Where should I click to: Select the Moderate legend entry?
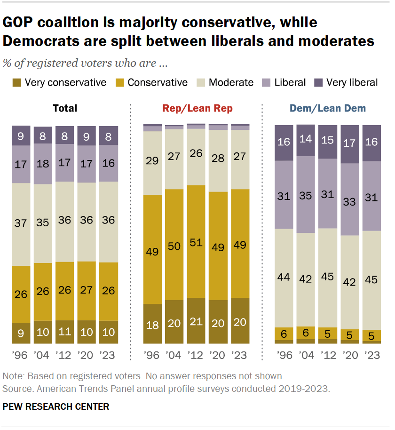coord(231,83)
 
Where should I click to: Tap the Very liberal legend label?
coord(352,83)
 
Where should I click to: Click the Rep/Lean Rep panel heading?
coord(197,109)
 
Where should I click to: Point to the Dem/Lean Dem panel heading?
coord(328,109)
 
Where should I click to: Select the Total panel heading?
coord(65,109)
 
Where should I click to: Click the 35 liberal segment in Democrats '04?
coord(306,194)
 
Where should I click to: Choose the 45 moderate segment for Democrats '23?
coord(371,280)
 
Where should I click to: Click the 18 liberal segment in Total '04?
coord(43,164)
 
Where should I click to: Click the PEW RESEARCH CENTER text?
coord(56,406)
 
